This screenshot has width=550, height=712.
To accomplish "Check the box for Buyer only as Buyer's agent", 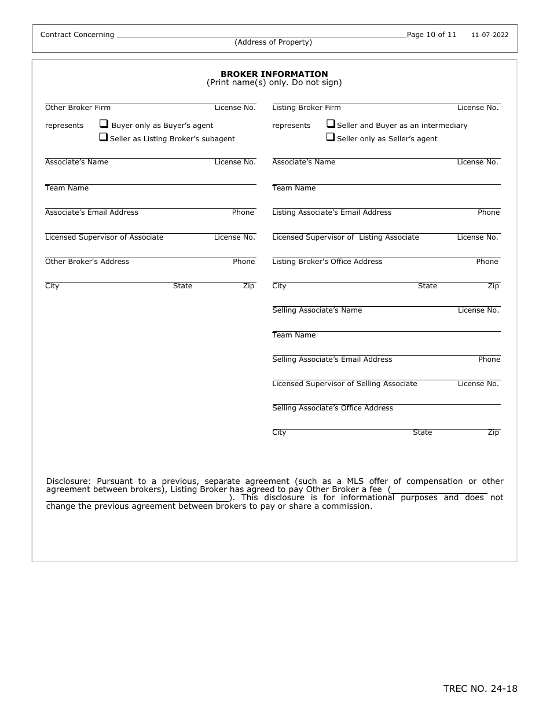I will [104, 124].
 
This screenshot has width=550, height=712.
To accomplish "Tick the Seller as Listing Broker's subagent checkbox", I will [104, 138].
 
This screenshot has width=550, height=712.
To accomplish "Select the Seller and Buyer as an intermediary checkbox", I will [331, 124].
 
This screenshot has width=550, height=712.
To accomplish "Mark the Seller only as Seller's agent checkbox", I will [331, 138].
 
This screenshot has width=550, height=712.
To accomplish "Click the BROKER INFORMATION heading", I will [274, 74].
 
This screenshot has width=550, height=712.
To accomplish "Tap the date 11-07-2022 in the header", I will [489, 35].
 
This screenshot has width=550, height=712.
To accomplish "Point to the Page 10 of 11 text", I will [431, 35].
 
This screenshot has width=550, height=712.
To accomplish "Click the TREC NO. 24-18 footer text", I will [480, 688].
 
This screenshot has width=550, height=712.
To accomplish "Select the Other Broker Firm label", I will [78, 108].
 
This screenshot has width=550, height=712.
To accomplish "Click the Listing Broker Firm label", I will [306, 108].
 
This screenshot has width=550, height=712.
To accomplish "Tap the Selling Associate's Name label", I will [317, 310].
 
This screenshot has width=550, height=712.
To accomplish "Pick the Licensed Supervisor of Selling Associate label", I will [344, 384].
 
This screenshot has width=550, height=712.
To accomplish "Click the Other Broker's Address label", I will [87, 262].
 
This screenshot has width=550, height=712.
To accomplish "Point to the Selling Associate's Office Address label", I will [332, 408].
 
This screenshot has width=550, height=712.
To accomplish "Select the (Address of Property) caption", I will [273, 42].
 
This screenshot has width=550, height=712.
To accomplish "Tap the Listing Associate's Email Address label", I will [332, 212].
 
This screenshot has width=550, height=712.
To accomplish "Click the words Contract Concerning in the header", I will [77, 35].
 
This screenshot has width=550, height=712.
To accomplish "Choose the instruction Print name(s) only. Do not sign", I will [274, 83].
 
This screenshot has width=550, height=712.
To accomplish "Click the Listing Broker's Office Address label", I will [327, 262].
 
